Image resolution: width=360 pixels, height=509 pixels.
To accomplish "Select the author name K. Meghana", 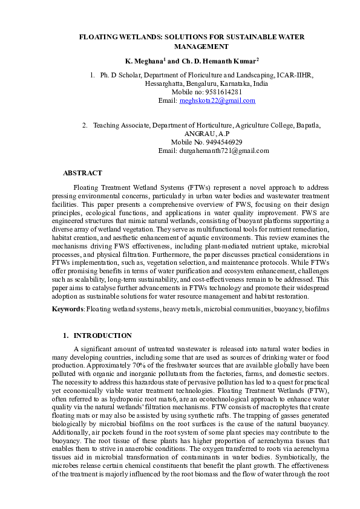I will coord(144,62).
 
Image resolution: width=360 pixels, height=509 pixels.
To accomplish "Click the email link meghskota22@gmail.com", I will coord(217,101).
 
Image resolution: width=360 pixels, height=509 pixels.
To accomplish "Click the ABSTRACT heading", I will coord(82,173).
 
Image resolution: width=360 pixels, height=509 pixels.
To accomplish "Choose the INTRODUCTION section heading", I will coord(102,335).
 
